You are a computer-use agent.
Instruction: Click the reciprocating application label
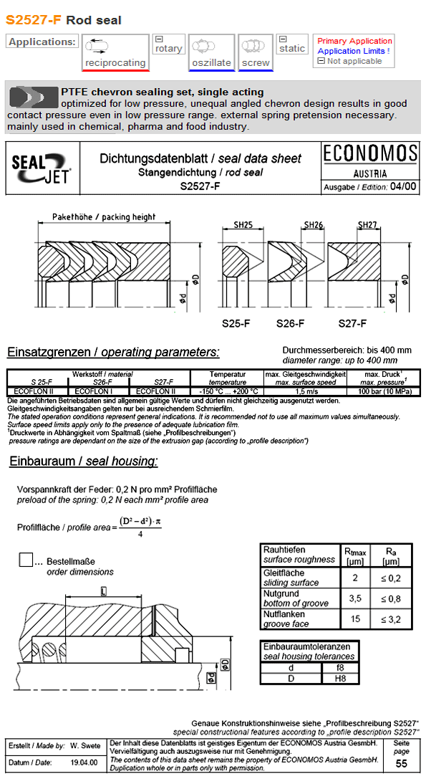coord(115,63)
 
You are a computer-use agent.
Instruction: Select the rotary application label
coord(169,49)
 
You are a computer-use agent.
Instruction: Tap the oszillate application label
coord(211,63)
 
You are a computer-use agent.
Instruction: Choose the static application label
coord(292,49)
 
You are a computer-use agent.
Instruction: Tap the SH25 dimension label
coord(243,226)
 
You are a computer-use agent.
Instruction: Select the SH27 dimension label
coord(367,226)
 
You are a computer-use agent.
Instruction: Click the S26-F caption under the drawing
coord(292,323)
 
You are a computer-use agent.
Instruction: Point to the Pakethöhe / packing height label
coord(104,216)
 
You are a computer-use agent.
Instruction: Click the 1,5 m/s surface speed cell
coord(295,391)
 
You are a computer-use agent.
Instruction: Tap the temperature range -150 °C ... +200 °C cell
coord(227,391)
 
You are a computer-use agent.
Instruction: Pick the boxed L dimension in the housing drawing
coord(105,591)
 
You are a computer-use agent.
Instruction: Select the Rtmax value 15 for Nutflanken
coord(355,619)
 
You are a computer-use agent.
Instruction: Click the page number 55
coord(401,764)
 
